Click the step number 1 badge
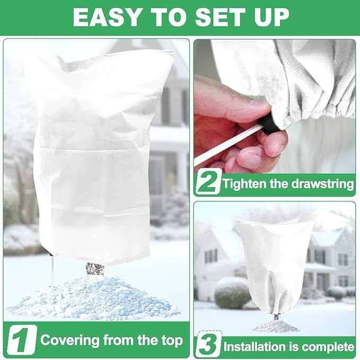point(21,340)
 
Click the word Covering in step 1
point(68,340)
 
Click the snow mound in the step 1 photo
point(93,300)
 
